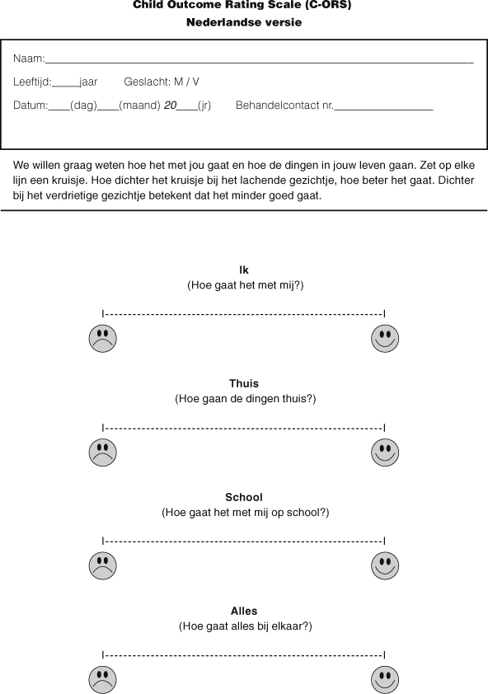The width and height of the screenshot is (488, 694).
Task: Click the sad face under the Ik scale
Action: point(103,338)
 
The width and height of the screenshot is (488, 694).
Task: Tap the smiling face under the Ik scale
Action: point(385,338)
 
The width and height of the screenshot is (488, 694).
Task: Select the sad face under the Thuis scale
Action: point(103,452)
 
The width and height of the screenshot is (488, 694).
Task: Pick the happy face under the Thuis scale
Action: point(385,452)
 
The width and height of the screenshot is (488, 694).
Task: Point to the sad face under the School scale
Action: point(103,565)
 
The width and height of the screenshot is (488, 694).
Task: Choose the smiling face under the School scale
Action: point(385,565)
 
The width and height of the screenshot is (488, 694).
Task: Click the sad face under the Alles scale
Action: point(103,679)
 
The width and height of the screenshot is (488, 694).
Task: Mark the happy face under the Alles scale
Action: point(385,679)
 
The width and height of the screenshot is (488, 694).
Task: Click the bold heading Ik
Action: point(244,270)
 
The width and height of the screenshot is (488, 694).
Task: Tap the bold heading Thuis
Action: point(244,383)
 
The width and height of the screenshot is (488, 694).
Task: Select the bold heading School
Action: point(244,497)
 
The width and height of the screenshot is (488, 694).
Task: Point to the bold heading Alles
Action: point(244,611)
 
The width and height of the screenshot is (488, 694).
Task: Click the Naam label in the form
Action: point(29,59)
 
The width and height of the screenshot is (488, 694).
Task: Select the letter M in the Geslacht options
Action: point(178,82)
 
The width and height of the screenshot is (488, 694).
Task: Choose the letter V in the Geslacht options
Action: point(195,82)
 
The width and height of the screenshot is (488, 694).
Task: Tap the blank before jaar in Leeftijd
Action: point(66,83)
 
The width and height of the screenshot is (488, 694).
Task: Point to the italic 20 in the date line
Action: point(171,106)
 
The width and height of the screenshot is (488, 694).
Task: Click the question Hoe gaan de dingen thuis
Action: point(245,398)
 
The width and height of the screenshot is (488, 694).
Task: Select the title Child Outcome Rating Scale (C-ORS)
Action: point(244,5)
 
